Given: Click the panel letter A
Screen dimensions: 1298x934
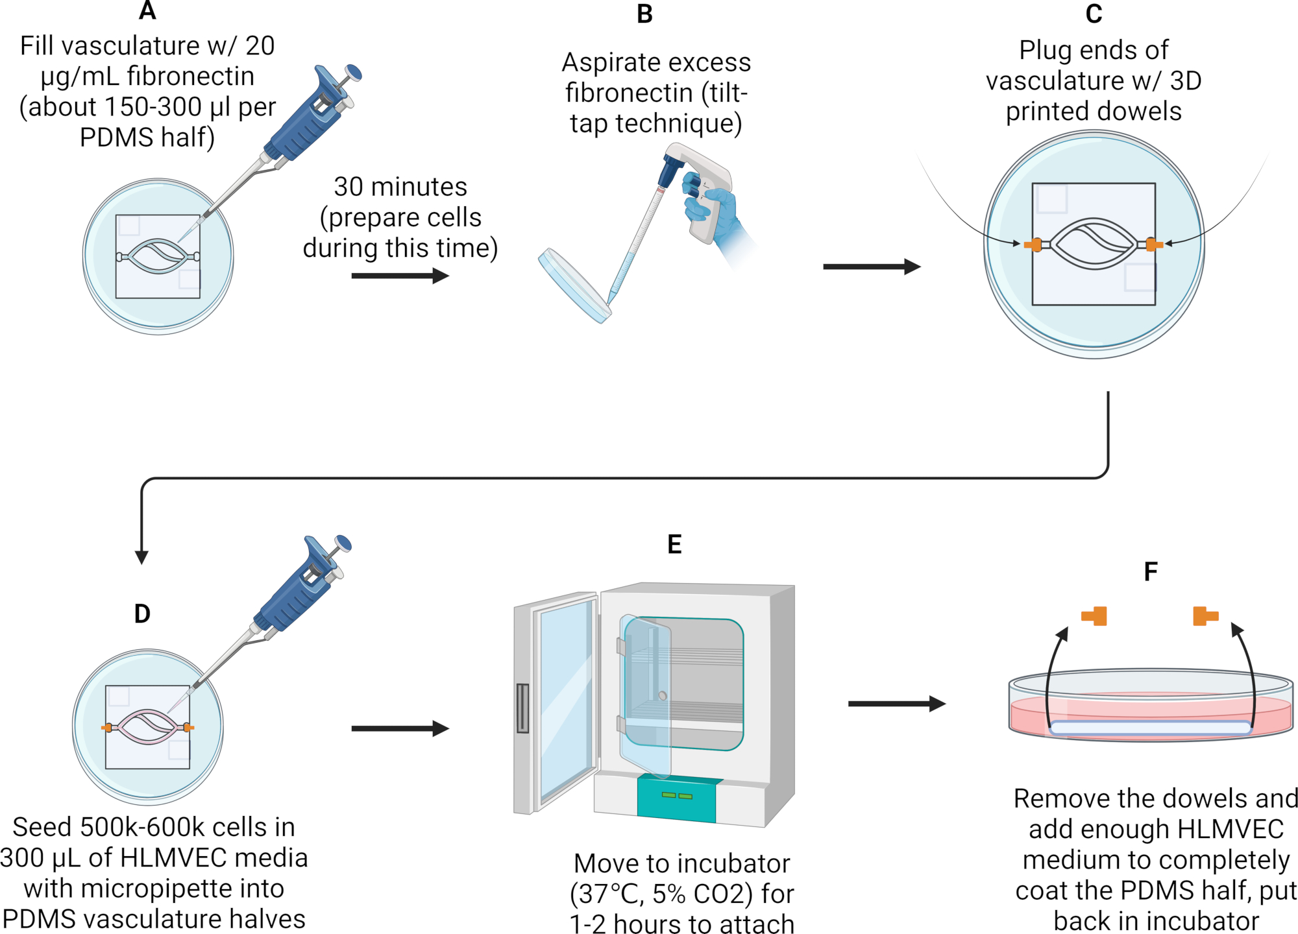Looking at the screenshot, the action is [148, 10].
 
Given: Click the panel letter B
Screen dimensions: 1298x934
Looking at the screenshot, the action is [644, 14].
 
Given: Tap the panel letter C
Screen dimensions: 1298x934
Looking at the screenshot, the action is [1094, 14].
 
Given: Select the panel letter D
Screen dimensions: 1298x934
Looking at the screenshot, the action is [142, 614].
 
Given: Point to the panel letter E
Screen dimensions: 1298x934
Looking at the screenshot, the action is [674, 544].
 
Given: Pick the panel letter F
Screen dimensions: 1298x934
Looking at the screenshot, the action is [1151, 572].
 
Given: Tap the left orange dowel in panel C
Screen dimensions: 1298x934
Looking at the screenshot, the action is [1033, 245].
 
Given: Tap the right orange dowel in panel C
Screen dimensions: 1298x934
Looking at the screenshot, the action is [1154, 244].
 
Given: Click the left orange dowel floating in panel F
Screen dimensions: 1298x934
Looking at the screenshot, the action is [1094, 616].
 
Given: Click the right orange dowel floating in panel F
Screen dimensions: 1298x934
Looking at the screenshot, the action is [1205, 616].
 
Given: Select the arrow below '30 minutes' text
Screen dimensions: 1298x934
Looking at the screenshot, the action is [400, 276].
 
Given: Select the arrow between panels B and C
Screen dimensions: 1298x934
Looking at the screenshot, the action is [872, 267].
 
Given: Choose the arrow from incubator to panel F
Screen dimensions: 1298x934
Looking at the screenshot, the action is [897, 704].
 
